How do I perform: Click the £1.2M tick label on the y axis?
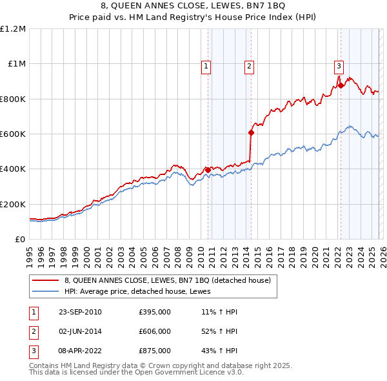pos(13,28)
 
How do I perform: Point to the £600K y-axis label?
pos(13,134)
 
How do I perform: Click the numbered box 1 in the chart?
pos(206,65)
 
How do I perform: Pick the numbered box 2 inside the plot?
pos(249,65)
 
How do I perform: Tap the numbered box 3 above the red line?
pos(338,65)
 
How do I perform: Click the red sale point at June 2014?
pos(251,133)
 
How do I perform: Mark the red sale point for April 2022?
pos(340,86)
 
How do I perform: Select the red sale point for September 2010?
pos(208,170)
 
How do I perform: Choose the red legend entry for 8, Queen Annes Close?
pos(171,280)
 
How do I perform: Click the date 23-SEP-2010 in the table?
pos(80,312)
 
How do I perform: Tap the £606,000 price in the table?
pos(155,331)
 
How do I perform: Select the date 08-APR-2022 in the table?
pos(80,351)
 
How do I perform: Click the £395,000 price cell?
pos(155,312)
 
